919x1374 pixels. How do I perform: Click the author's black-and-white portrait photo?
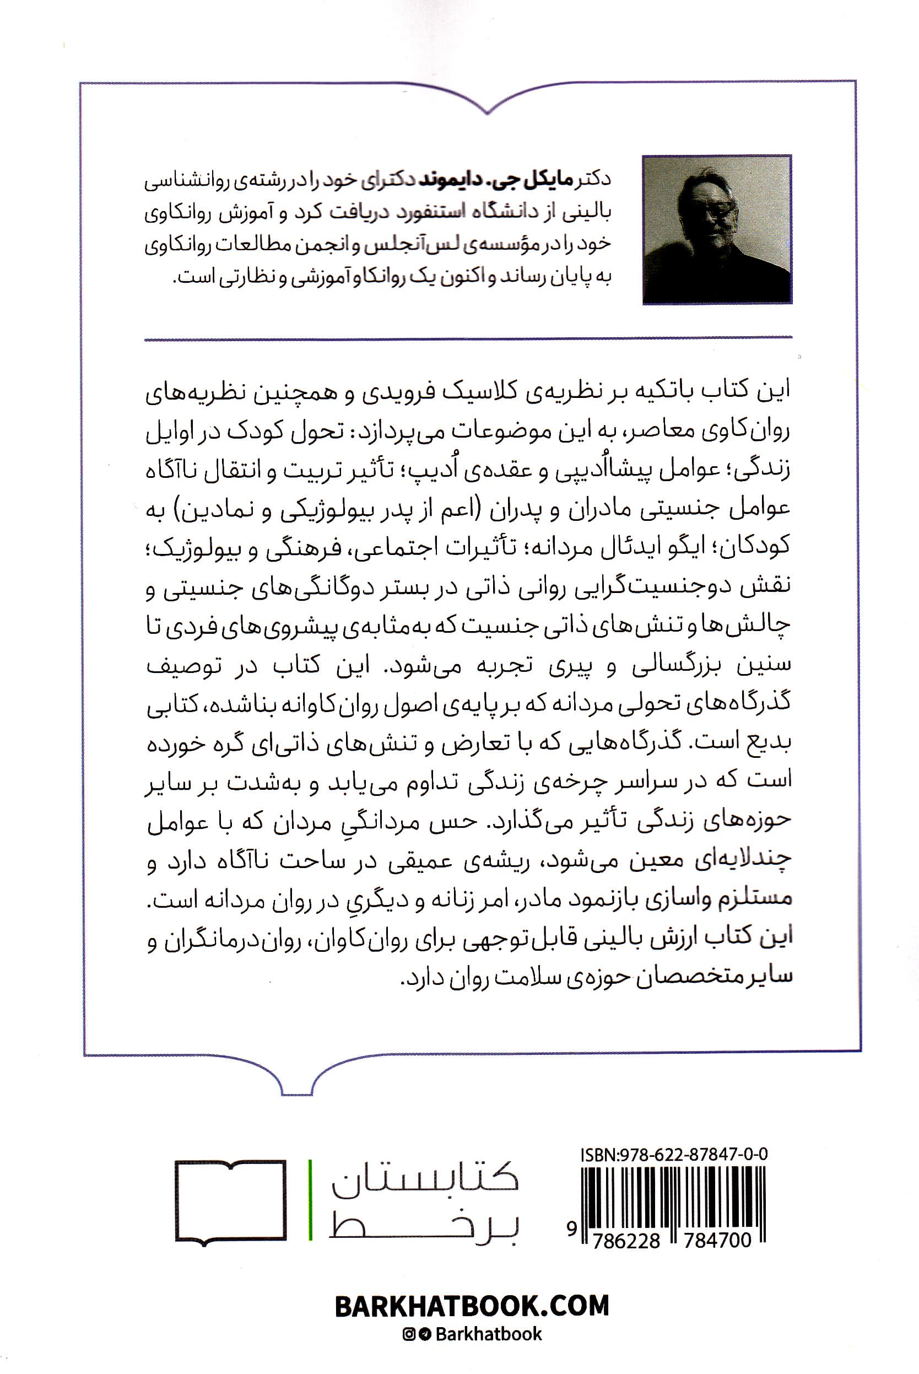coord(717,229)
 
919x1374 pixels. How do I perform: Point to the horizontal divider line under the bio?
coord(468,338)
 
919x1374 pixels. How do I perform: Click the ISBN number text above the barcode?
coord(674,1155)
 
